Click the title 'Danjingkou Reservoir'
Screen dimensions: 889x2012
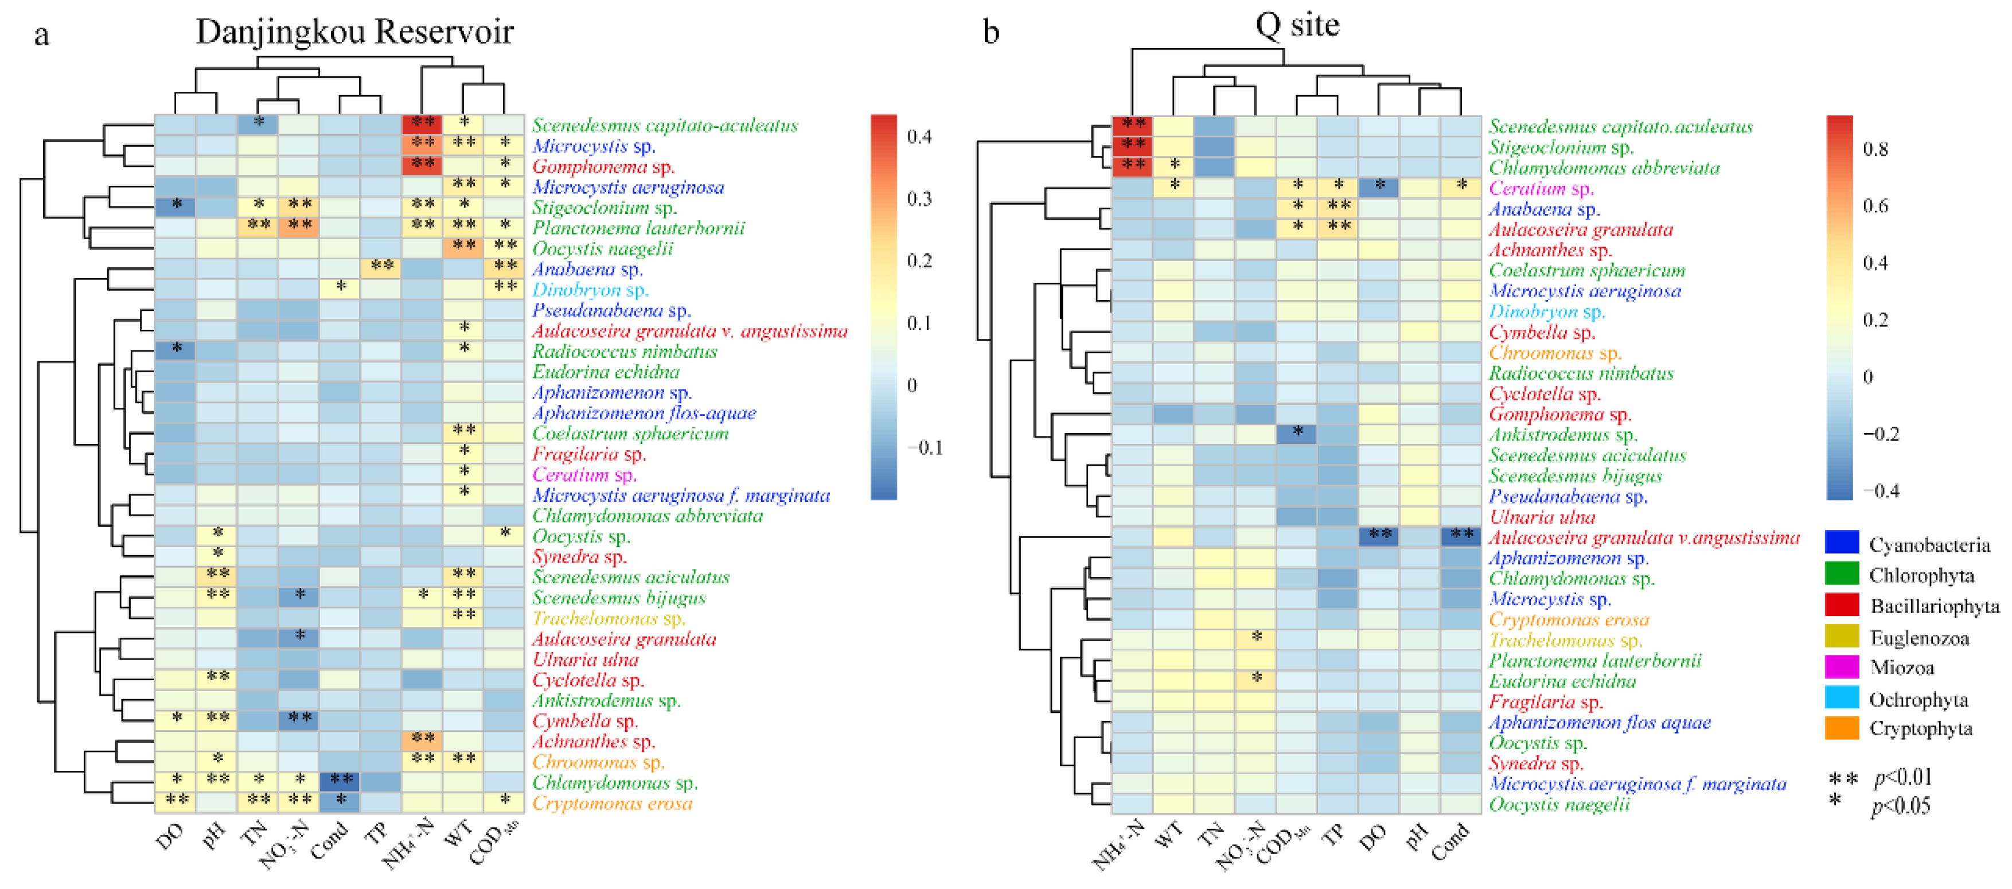tap(354, 32)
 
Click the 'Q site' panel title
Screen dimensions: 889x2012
tap(1297, 25)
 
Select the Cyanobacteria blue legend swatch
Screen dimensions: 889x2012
tap(1842, 542)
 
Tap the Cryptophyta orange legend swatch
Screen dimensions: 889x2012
tap(1842, 728)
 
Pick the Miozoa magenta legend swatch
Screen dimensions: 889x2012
tap(1842, 666)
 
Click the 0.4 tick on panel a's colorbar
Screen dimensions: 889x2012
tap(919, 137)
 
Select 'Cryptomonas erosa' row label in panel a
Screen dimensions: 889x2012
tap(613, 803)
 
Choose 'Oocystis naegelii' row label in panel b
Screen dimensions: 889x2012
tap(1559, 804)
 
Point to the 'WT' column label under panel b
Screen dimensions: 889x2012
tap(1168, 837)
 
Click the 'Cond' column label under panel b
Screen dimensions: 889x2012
tap(1450, 842)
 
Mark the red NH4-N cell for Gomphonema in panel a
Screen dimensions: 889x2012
tap(423, 166)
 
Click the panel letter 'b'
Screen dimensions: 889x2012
tap(991, 32)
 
